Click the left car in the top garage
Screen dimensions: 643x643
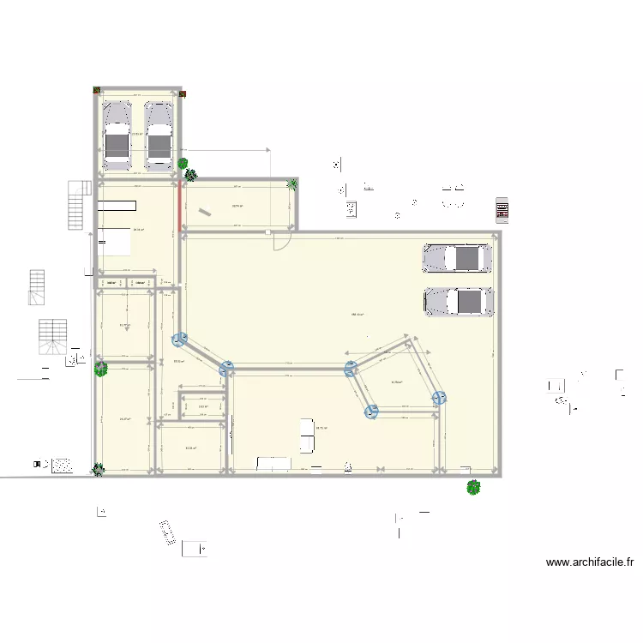click(117, 135)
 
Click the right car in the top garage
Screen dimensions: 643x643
click(159, 135)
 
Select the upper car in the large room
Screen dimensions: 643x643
click(457, 258)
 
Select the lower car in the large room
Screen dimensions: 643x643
click(459, 301)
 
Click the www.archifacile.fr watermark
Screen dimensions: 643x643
click(590, 563)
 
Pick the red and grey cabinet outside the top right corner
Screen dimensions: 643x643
click(502, 209)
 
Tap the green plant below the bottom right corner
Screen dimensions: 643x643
click(472, 487)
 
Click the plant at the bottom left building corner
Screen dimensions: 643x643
click(99, 469)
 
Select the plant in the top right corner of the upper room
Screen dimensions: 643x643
click(292, 183)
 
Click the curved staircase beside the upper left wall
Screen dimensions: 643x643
click(79, 206)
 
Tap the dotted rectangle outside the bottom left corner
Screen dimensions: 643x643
click(62, 465)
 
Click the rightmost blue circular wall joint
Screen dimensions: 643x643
click(440, 398)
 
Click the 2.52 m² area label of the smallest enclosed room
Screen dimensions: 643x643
click(202, 407)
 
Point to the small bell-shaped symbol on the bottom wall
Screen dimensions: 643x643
click(347, 467)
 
